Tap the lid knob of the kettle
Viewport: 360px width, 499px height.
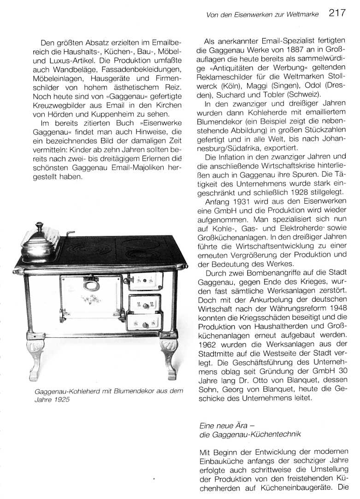pyautogui.click(x=39, y=225)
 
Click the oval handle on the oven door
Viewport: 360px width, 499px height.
pyautogui.click(x=91, y=285)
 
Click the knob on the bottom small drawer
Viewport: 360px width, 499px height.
pyautogui.click(x=145, y=325)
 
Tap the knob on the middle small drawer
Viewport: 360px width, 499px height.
pyautogui.click(x=145, y=305)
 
